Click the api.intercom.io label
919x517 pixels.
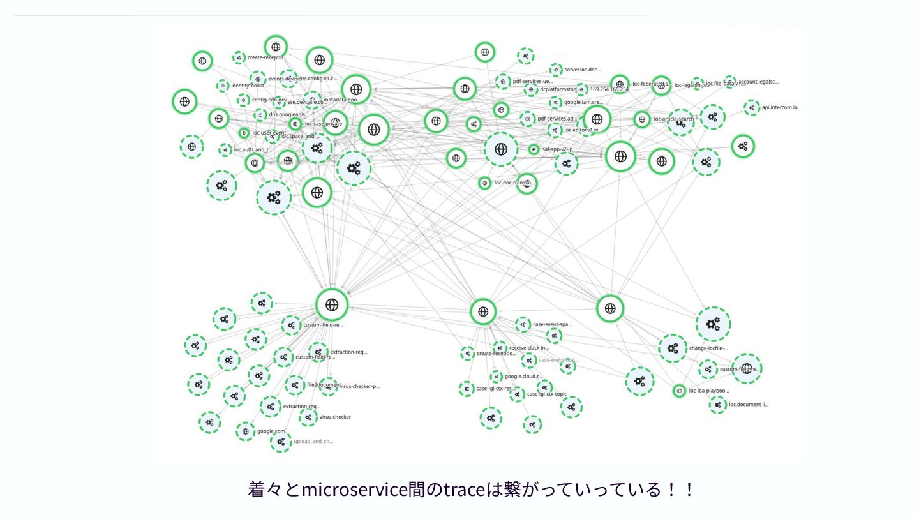point(779,107)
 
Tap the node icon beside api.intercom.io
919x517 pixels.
point(752,108)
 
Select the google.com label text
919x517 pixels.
point(271,431)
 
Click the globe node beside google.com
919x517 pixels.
point(245,431)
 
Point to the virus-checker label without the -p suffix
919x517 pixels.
point(335,417)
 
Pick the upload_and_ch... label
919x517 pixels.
point(313,441)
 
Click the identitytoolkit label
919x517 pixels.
point(250,85)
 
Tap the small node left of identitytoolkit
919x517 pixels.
point(222,86)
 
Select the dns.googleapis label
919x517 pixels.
point(285,114)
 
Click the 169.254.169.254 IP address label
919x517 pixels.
point(609,89)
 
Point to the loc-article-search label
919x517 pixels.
point(673,119)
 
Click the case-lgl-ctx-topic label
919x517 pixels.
point(546,394)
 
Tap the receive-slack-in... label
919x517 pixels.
point(529,348)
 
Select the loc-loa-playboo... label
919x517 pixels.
point(708,391)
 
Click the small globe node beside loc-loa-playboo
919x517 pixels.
point(679,391)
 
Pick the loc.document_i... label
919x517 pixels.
point(749,404)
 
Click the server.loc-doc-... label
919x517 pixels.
point(583,69)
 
